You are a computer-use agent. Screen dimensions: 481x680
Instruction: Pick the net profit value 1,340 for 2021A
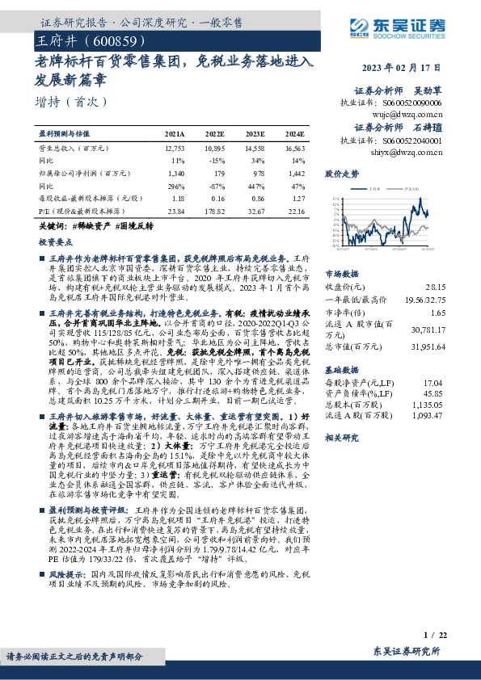[x=175, y=173]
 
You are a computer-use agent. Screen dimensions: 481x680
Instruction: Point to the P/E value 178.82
[x=213, y=210]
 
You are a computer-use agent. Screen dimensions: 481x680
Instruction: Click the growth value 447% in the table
[x=255, y=185]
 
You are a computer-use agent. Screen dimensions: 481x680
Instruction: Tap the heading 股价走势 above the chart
[x=340, y=174]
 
